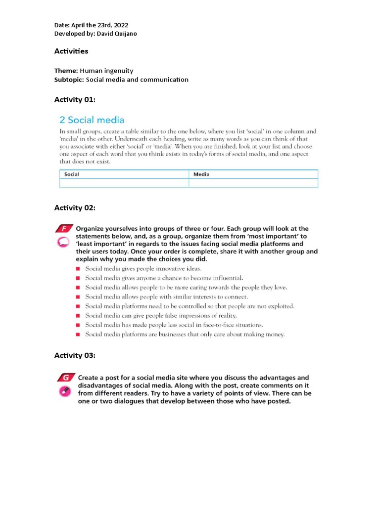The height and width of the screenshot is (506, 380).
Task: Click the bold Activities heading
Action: (71, 51)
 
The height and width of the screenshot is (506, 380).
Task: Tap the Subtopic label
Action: (69, 80)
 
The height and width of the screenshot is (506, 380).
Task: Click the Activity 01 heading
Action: (74, 100)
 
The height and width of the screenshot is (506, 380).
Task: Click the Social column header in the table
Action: (72, 174)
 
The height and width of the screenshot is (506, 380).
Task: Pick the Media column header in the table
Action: (200, 174)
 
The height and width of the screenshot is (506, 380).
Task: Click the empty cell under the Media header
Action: (253, 183)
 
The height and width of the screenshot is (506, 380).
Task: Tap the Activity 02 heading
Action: (74, 208)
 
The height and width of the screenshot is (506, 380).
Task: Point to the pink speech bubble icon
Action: (62, 242)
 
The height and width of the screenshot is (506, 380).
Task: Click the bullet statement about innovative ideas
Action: (143, 268)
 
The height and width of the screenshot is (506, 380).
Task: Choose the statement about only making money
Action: (185, 335)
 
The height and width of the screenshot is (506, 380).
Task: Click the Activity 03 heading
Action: (74, 356)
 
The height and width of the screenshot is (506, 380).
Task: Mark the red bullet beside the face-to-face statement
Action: (78, 325)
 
